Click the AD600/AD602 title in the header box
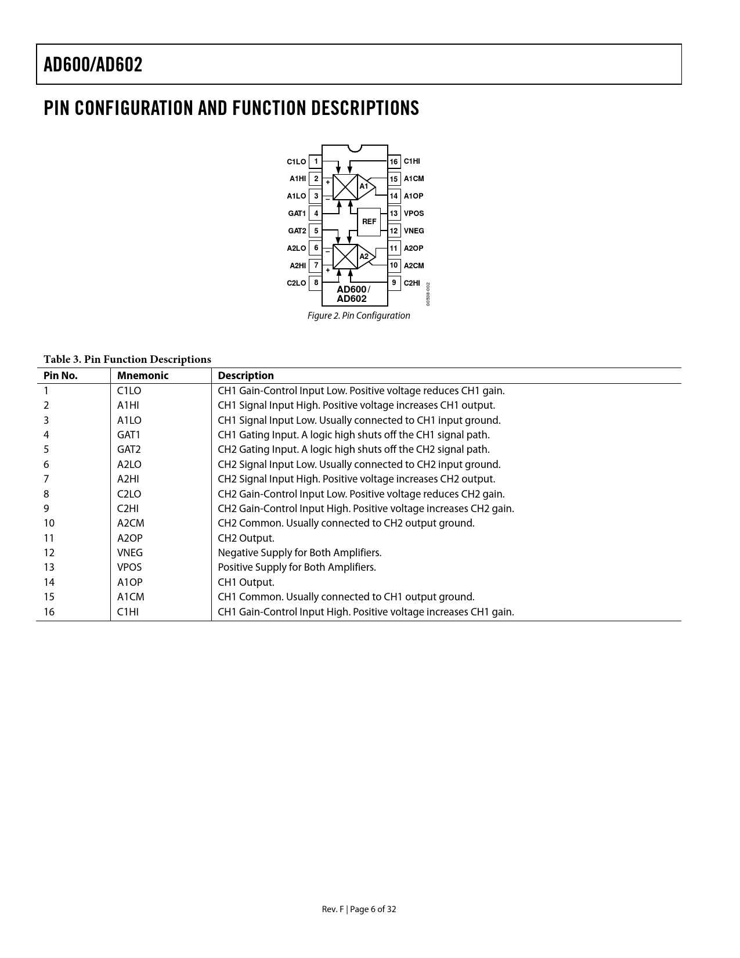pos(93,64)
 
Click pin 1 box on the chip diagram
pos(316,161)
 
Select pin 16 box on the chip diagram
pos(394,161)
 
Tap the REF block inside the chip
pos(369,222)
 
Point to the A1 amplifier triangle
pos(366,186)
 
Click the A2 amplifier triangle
pos(366,256)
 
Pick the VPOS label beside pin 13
pos(414,214)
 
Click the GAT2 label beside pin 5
pos(297,231)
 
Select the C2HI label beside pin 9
pos(412,283)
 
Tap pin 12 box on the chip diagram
pos(394,231)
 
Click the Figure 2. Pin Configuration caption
pos(359,316)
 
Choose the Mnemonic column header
pos(143,376)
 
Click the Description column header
pos(246,376)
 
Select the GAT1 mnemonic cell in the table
pos(129,435)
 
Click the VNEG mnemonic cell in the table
pos(130,553)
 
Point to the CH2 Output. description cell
pos(246,538)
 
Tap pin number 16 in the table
pos(49,611)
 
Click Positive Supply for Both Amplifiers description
pos(297,567)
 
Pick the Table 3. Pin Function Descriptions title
pos(127,359)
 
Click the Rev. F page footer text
pos(359,909)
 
